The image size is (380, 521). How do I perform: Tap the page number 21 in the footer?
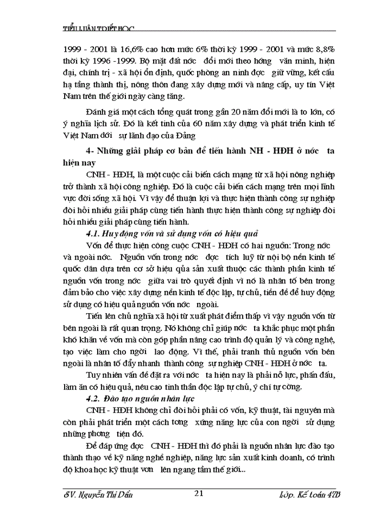(198, 493)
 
